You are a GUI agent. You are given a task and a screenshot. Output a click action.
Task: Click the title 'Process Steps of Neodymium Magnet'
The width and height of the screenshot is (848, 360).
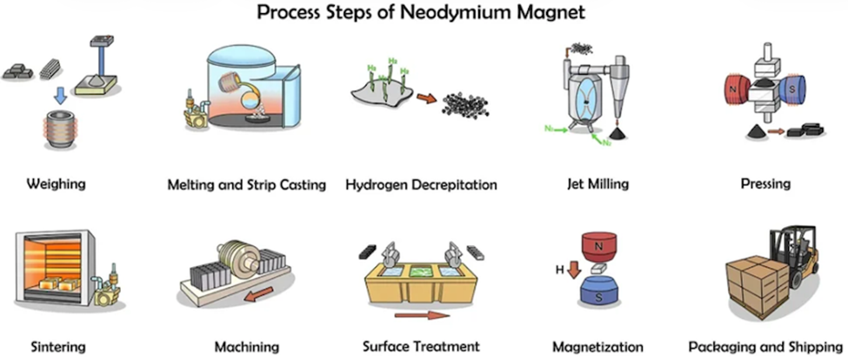[x=424, y=14]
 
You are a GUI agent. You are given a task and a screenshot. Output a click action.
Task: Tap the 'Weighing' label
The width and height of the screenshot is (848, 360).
[x=57, y=184]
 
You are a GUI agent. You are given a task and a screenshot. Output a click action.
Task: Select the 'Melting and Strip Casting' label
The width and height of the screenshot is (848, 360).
[x=246, y=184]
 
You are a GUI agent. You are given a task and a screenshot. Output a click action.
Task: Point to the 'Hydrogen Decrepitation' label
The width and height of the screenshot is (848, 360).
[x=421, y=184]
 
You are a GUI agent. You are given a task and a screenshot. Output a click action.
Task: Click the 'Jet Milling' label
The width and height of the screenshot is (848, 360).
[x=597, y=184]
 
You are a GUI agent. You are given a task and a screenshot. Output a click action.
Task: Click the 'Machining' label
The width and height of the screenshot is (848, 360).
[x=246, y=347]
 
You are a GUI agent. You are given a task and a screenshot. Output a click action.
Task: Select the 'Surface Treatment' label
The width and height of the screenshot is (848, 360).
[x=422, y=347]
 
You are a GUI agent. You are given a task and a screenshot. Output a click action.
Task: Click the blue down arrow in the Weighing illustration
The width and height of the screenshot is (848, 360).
[x=58, y=94]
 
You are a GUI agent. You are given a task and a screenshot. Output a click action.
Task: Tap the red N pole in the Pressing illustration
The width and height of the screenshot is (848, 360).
[x=736, y=90]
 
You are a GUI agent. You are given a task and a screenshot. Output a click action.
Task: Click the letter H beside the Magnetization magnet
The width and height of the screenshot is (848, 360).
[x=560, y=270]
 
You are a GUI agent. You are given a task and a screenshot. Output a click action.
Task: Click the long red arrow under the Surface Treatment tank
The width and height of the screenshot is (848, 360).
[x=420, y=315]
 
